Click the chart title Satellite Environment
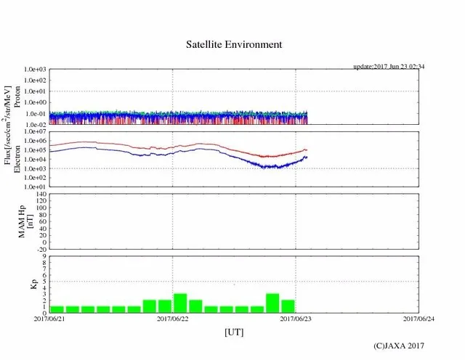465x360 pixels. pyautogui.click(x=232, y=44)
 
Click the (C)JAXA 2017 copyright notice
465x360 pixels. pyautogui.click(x=398, y=346)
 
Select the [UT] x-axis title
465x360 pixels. pyautogui.click(x=233, y=332)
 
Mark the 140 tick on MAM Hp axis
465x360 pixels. pyautogui.click(x=40, y=195)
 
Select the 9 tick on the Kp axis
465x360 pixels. pyautogui.click(x=44, y=256)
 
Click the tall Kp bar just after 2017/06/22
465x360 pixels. pyautogui.click(x=180, y=303)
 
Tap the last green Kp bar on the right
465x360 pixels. pyautogui.click(x=288, y=306)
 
